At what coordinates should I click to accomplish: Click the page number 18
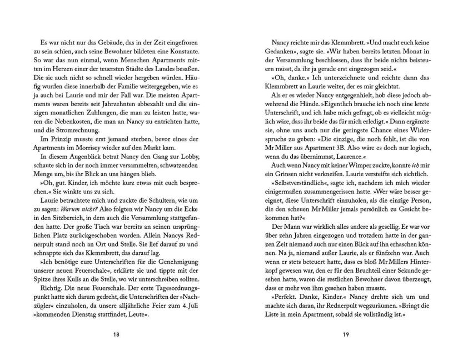(x=116, y=335)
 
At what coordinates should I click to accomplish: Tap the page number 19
(x=346, y=335)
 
